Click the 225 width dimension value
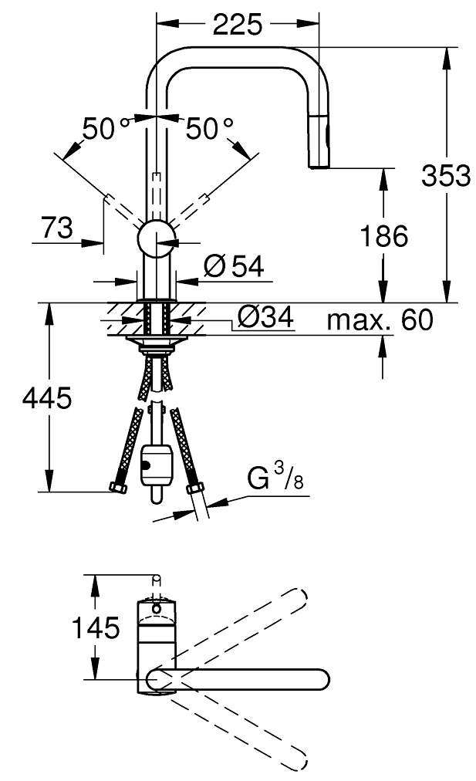click(x=237, y=24)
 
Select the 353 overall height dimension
click(x=446, y=175)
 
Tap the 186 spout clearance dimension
click(x=383, y=235)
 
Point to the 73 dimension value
click(x=57, y=228)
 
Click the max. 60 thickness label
click(x=380, y=319)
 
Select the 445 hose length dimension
click(x=47, y=398)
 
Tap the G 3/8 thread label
click(x=275, y=476)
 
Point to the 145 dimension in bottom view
click(x=96, y=627)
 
